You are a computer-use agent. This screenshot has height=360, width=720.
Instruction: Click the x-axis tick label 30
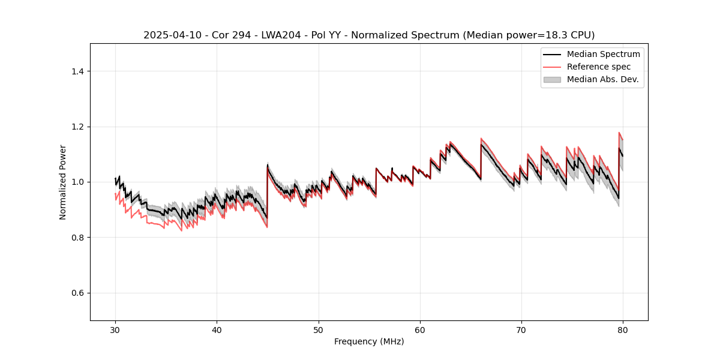click(115, 330)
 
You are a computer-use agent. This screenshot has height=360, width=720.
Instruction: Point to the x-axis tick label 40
click(217, 330)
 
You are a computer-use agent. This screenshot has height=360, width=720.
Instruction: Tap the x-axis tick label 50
click(319, 330)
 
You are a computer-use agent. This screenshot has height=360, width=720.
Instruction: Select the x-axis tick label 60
click(420, 330)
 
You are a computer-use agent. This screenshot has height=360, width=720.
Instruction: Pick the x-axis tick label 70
click(521, 330)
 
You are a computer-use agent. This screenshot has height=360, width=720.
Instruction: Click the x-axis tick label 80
click(623, 330)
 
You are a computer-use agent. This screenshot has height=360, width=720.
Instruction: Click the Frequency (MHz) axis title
click(369, 341)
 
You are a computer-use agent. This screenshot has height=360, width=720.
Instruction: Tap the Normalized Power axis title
click(63, 182)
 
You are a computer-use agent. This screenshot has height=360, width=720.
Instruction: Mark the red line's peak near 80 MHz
click(619, 133)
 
